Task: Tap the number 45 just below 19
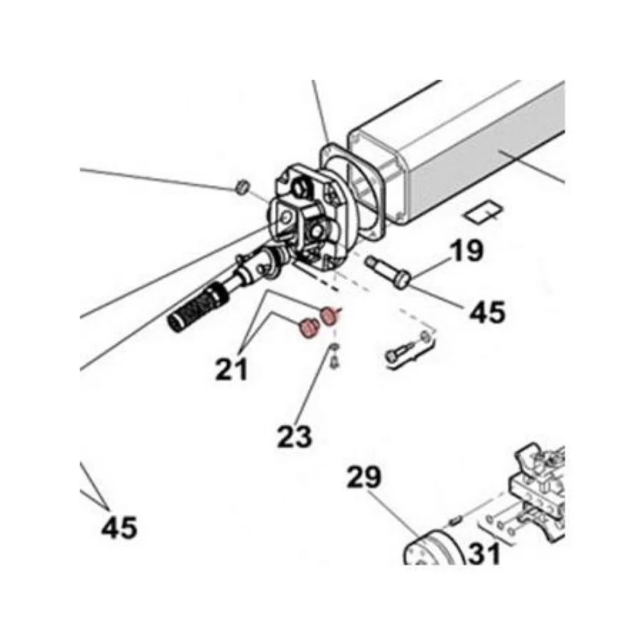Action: coord(487,312)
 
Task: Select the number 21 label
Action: coord(232,369)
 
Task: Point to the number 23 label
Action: coord(295,436)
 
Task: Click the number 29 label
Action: coord(364,477)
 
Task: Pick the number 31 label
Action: coord(484,553)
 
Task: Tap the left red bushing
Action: coord(309,328)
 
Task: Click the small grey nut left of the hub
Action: coord(243,186)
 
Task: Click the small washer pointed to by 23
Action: coord(335,348)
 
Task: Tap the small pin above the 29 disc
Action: coord(455,521)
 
